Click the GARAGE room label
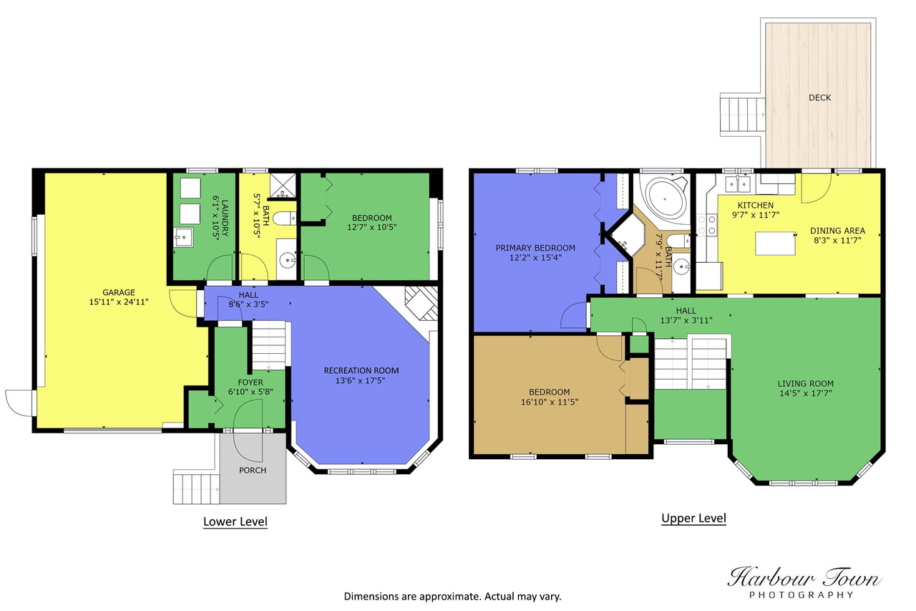pyautogui.click(x=119, y=292)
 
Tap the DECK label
pyautogui.click(x=819, y=97)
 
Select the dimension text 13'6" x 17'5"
pyautogui.click(x=360, y=380)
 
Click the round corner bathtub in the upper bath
pyautogui.click(x=666, y=199)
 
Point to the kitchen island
pyautogui.click(x=775, y=244)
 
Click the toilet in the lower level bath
pyautogui.click(x=284, y=218)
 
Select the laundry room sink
pyautogui.click(x=184, y=237)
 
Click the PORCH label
pyautogui.click(x=253, y=470)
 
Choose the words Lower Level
pyautogui.click(x=235, y=521)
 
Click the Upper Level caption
pyautogui.click(x=693, y=518)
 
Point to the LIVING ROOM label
pyautogui.click(x=806, y=383)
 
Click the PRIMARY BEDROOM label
pyautogui.click(x=535, y=248)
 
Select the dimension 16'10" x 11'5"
pyautogui.click(x=549, y=402)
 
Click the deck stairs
pyautogui.click(x=742, y=115)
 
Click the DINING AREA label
pyautogui.click(x=837, y=231)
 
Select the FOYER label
pyautogui.click(x=250, y=383)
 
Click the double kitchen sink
pyautogui.click(x=738, y=184)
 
